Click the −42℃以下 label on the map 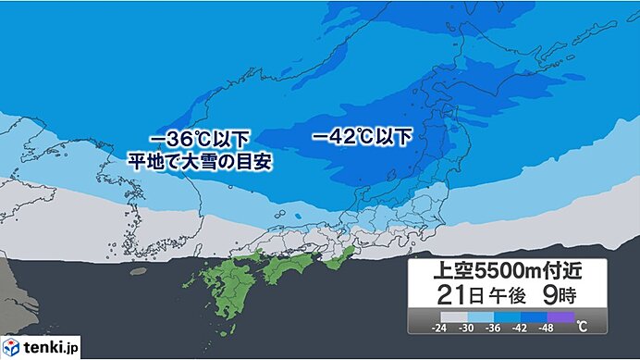pyautogui.click(x=362, y=137)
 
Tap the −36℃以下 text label pyautogui.click(x=198, y=139)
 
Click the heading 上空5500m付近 pyautogui.click(x=508, y=273)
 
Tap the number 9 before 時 pyautogui.click(x=562, y=297)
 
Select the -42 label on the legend pyautogui.click(x=522, y=327)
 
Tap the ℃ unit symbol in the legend pyautogui.click(x=582, y=327)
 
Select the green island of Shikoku pyautogui.click(x=291, y=268)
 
